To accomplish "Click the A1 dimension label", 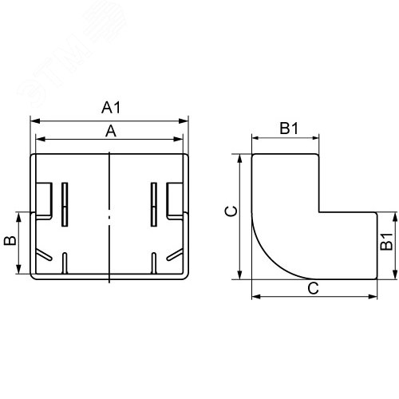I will [112, 107].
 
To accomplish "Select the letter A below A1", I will [112, 132].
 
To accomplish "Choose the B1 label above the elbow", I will [288, 128].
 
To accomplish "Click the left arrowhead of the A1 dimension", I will [34, 121].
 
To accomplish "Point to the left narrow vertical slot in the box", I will [65, 203].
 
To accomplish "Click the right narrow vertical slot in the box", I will [153, 203].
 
